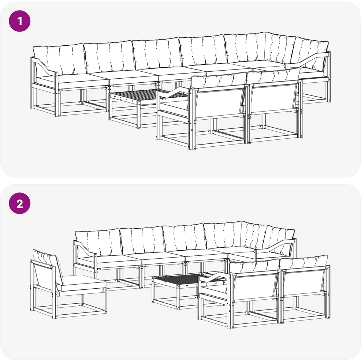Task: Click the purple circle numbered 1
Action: coord(19,21)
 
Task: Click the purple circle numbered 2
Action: coord(19,203)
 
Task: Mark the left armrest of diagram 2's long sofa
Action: coord(86,248)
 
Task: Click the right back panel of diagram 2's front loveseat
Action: coord(304,282)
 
